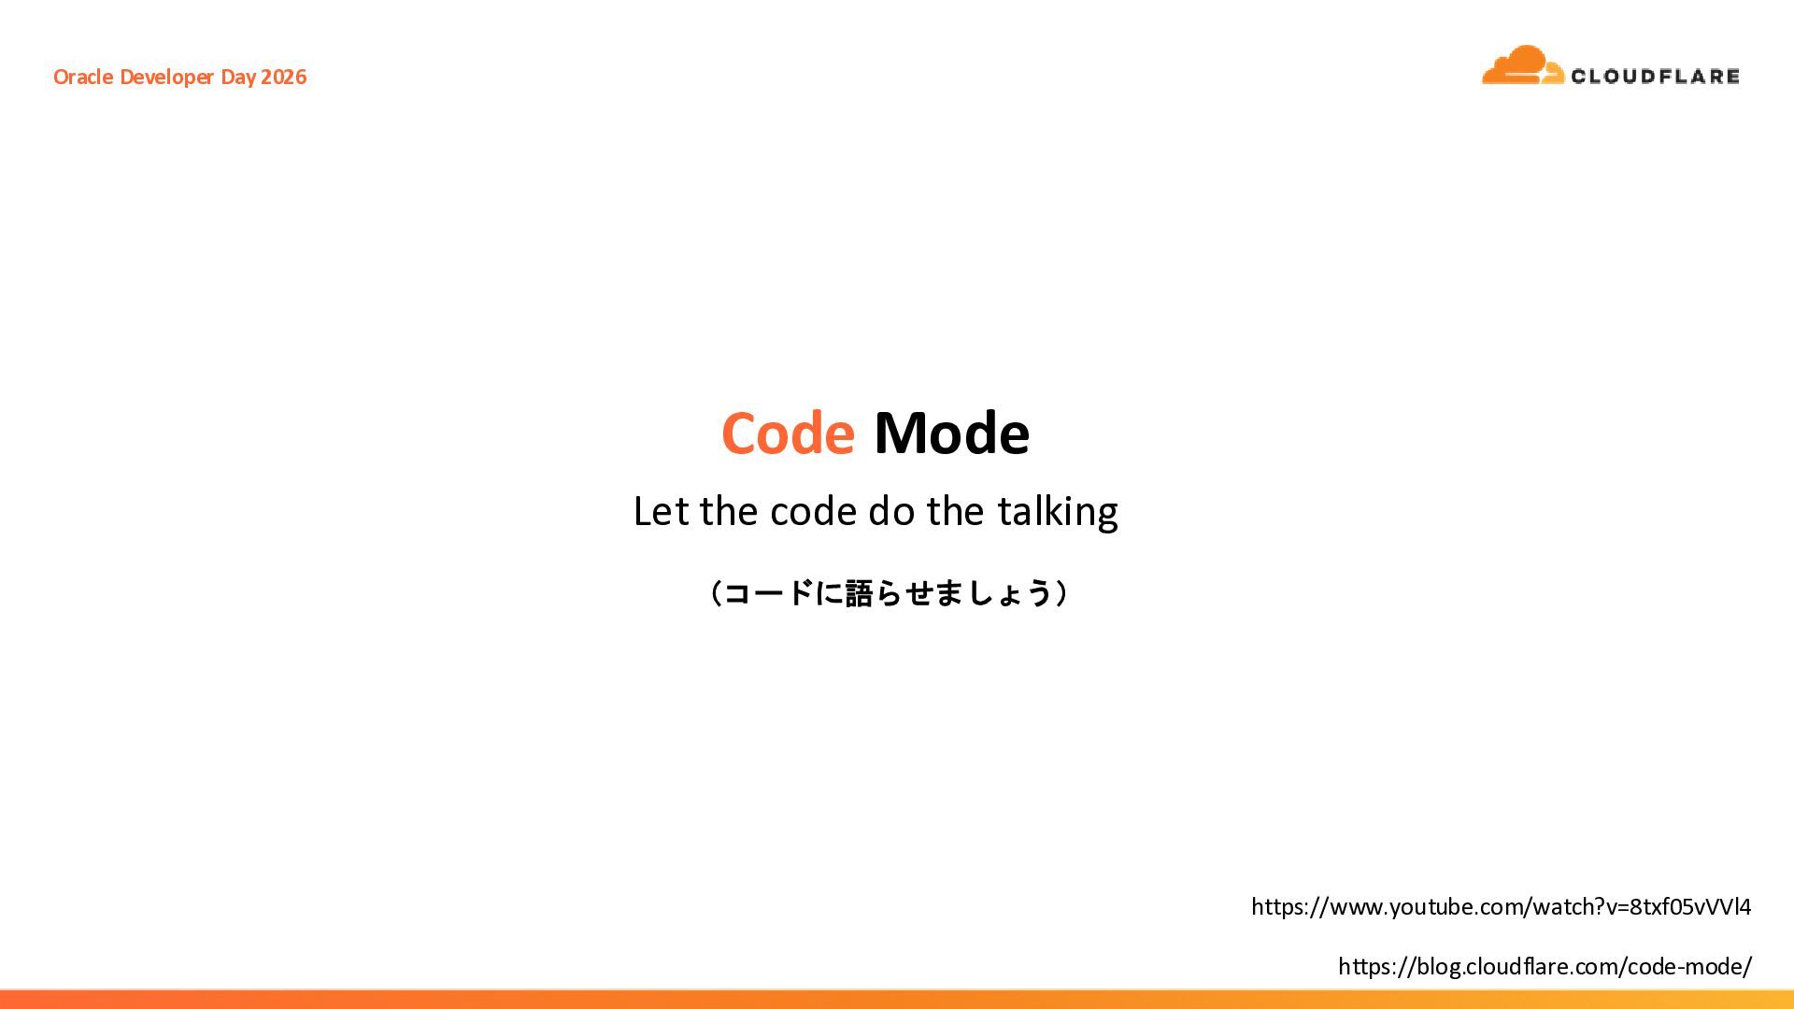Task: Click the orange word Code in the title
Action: coord(788,433)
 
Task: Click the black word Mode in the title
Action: coord(951,433)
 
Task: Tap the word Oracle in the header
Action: coord(83,77)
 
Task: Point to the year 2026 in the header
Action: coord(283,77)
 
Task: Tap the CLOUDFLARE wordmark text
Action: coord(1655,76)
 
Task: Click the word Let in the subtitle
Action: coord(662,511)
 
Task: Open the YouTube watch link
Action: coord(1501,907)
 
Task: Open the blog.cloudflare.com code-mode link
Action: coord(1545,967)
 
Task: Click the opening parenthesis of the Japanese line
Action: coord(715,593)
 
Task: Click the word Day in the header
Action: coord(238,78)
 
